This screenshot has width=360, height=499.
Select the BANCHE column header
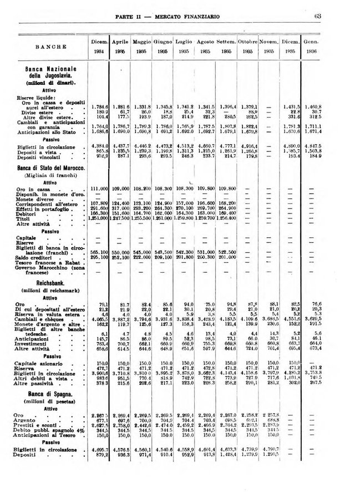pyautogui.click(x=53, y=47)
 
